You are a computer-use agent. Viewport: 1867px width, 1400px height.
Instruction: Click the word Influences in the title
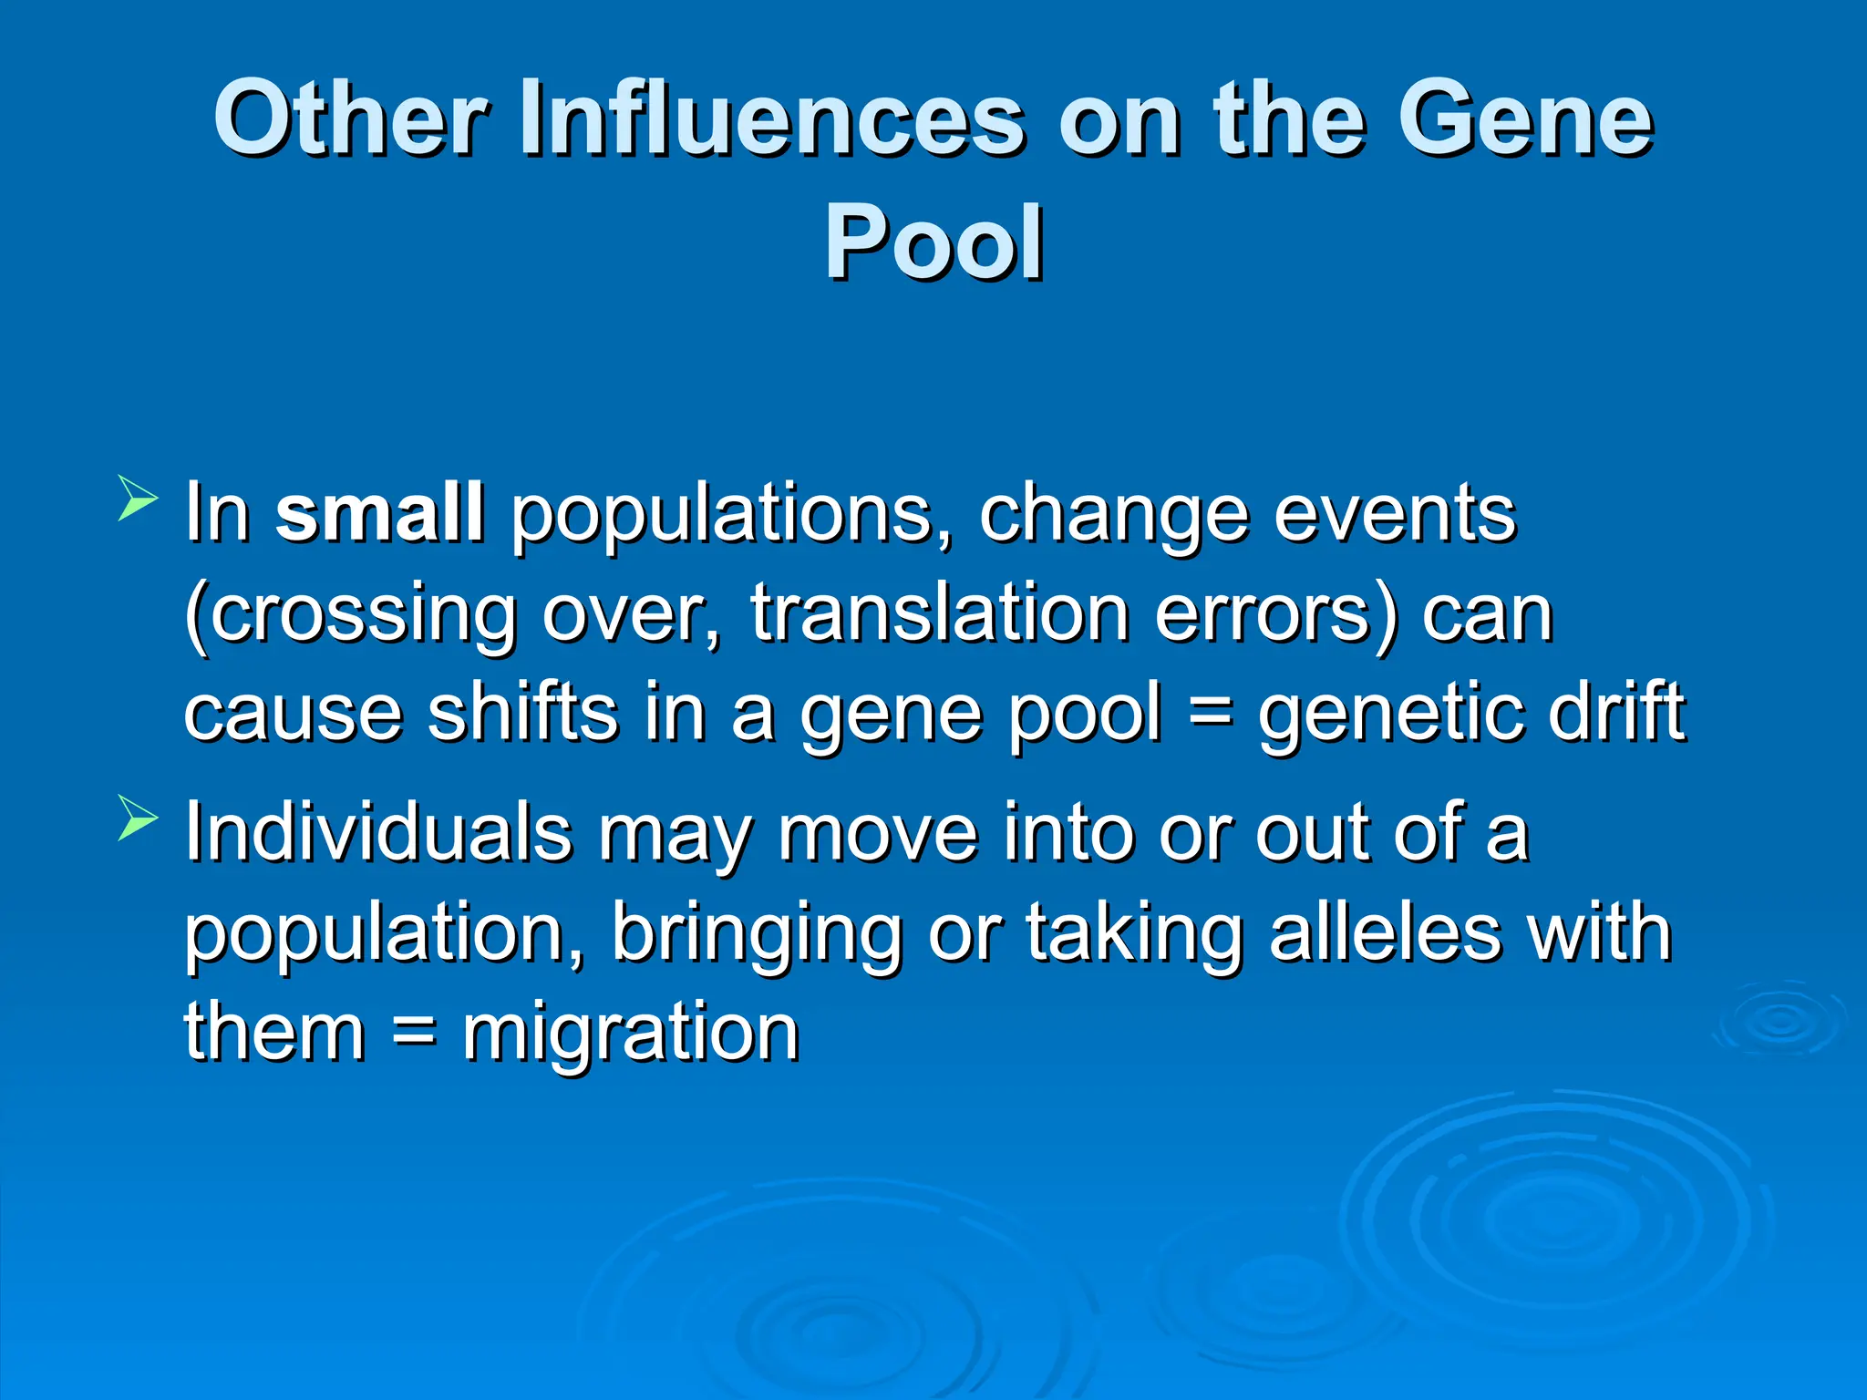click(x=771, y=118)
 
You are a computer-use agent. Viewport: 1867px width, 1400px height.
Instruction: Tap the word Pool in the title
click(x=933, y=242)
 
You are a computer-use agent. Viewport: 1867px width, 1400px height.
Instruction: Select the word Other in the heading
click(x=351, y=118)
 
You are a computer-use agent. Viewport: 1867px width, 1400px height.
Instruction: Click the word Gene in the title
click(x=1524, y=118)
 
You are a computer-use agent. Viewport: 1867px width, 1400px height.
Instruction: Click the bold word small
click(x=379, y=513)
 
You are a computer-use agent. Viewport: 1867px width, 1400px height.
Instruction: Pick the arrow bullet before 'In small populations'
click(x=138, y=499)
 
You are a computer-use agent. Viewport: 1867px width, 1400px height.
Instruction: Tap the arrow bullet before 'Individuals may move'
click(x=138, y=818)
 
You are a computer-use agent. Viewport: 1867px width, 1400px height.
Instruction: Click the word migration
click(x=630, y=1035)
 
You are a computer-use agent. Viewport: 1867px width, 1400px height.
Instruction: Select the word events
click(x=1394, y=515)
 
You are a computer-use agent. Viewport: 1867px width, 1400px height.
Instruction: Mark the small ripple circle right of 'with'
click(x=1780, y=1021)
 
